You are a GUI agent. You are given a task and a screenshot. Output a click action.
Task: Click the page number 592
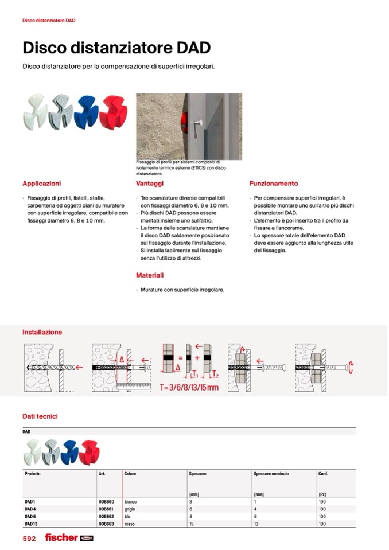coord(29,539)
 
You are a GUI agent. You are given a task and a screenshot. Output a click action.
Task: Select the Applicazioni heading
coord(41,184)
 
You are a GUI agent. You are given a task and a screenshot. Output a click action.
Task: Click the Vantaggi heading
coord(150,184)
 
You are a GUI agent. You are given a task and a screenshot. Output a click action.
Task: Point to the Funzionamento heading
coord(274,184)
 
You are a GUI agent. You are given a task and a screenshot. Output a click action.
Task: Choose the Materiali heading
coord(150,275)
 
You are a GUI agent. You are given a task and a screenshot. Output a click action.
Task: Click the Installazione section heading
coord(42,332)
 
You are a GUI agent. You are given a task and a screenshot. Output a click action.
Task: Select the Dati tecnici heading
coord(40,416)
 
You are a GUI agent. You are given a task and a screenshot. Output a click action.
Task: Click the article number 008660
coord(106,501)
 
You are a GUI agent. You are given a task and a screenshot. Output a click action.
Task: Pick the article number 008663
coord(106,524)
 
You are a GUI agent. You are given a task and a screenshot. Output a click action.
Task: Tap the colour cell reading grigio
coord(130,509)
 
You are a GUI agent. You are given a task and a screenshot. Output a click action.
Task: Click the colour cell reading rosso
coord(130,524)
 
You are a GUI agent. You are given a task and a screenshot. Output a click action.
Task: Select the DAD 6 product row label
coord(30,516)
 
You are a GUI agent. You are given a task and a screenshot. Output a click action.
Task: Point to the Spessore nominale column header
coord(271,474)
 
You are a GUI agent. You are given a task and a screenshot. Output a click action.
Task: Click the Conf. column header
coord(323,474)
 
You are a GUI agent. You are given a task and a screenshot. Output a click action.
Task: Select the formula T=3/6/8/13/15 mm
coord(189,388)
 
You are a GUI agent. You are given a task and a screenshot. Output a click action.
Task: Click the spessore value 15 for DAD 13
coord(191,524)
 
